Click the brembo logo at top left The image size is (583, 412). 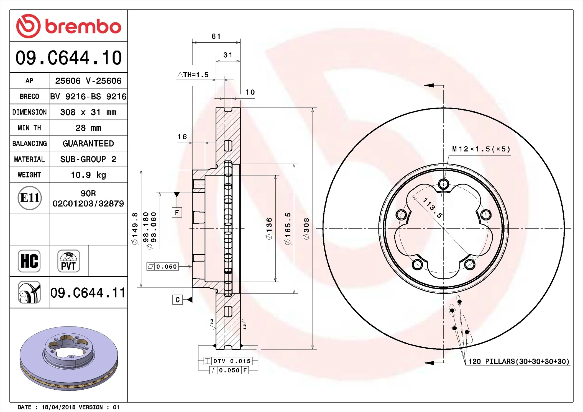[x=68, y=26]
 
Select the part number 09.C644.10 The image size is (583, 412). [x=68, y=58]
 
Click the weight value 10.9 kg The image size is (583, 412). [x=88, y=175]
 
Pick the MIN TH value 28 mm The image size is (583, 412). [x=88, y=128]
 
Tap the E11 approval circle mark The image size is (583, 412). [x=30, y=198]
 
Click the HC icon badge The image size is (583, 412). [x=29, y=261]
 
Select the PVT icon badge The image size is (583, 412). [x=69, y=261]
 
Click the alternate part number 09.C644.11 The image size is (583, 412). [x=88, y=293]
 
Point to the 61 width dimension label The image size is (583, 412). [x=216, y=37]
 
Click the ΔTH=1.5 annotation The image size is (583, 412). [x=193, y=75]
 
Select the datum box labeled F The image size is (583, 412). [x=177, y=213]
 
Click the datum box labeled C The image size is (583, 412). [x=177, y=300]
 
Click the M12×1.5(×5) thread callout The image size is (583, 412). [x=481, y=149]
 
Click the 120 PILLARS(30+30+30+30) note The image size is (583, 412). [x=518, y=361]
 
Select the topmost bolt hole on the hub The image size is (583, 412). [x=443, y=184]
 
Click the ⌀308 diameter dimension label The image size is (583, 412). [x=306, y=229]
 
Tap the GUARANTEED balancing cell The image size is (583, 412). [x=88, y=143]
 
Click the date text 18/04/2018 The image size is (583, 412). [x=58, y=407]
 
